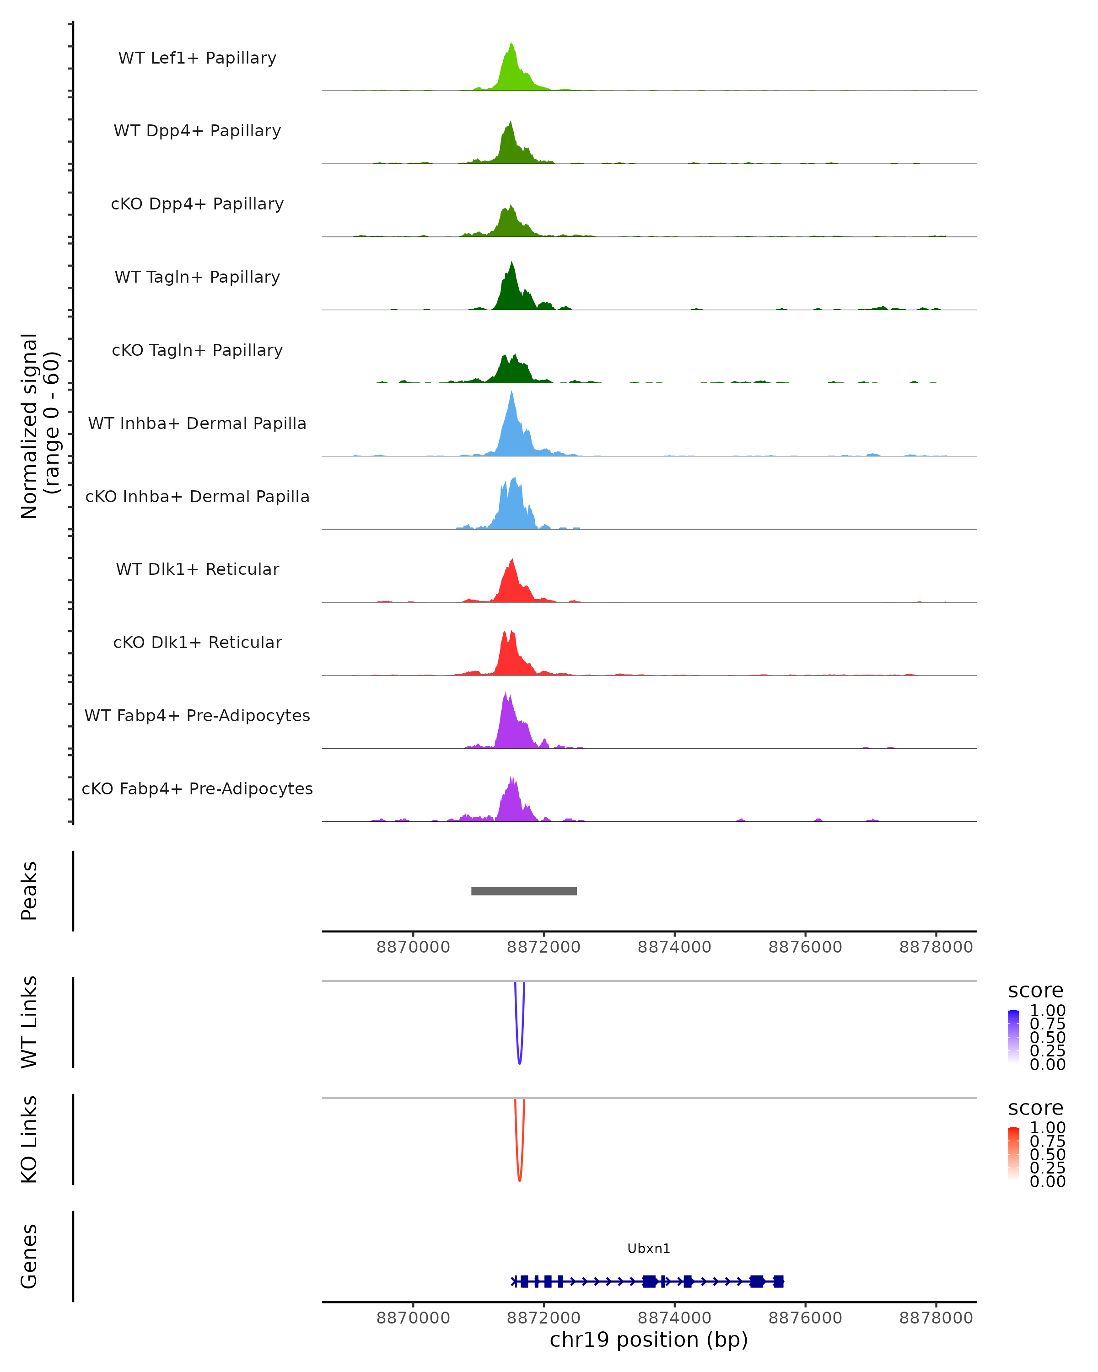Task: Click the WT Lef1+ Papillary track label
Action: point(197,58)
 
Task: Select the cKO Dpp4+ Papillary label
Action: point(197,204)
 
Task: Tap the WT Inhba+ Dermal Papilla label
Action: point(197,424)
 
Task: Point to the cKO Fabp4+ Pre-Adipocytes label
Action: point(197,789)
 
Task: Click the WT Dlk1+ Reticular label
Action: point(197,569)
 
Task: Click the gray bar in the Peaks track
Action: point(524,891)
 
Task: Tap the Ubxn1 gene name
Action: point(649,1249)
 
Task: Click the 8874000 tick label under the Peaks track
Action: point(674,948)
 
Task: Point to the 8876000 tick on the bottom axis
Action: point(805,1318)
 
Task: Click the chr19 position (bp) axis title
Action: point(649,1340)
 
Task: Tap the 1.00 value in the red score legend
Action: point(1047,1128)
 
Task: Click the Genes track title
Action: point(29,1256)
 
